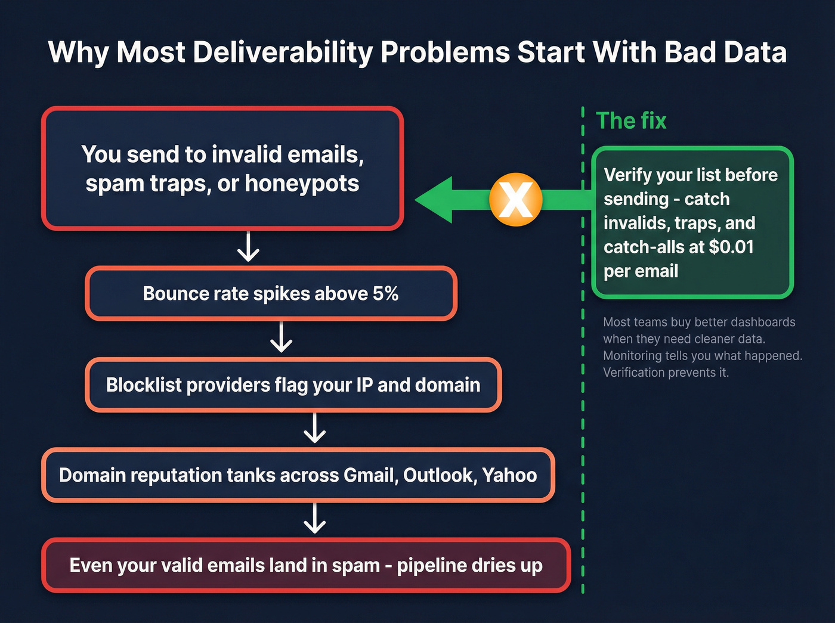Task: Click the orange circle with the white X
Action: (515, 200)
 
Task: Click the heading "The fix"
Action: (631, 121)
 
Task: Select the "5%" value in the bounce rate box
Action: (385, 293)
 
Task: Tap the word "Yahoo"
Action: (509, 475)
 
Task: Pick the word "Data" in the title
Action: (755, 52)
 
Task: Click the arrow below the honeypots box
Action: (248, 247)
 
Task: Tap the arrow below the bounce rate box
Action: (281, 338)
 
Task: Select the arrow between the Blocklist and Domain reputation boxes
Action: (314, 429)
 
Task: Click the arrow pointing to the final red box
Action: (314, 519)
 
